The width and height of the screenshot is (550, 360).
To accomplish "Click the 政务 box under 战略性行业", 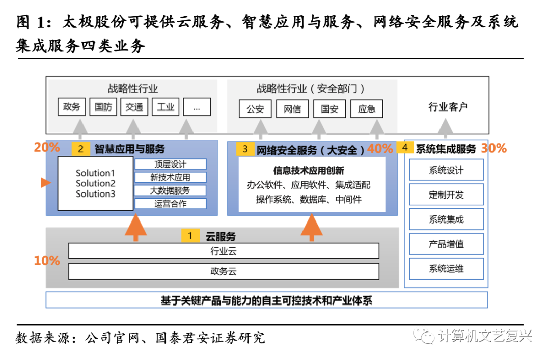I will point(72,107).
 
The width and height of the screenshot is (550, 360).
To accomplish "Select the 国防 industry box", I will point(103,107).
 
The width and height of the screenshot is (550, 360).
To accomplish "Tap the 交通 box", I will point(134,107).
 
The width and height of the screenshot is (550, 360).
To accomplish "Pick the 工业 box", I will point(166,107).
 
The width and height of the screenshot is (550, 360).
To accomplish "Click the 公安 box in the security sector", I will point(255,109).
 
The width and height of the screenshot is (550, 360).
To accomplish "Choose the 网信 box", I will point(292,109).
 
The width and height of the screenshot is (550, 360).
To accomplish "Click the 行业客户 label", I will point(448,107).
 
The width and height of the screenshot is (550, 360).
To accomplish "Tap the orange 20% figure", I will point(47,148).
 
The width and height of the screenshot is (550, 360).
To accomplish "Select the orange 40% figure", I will point(380,149).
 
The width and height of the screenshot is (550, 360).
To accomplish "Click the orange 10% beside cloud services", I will point(47,261).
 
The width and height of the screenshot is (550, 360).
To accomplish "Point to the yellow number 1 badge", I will point(190,236).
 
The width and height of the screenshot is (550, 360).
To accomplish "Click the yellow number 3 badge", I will point(245,149).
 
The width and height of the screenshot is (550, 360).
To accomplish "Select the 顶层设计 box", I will point(171,164).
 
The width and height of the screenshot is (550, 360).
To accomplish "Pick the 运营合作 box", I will point(171,204).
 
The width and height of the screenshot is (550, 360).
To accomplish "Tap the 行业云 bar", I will point(224,251).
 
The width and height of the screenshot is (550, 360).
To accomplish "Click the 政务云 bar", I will point(224,271).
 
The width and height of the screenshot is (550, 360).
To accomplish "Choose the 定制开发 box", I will point(446,195).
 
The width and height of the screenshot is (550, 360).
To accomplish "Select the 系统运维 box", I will point(446,268).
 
